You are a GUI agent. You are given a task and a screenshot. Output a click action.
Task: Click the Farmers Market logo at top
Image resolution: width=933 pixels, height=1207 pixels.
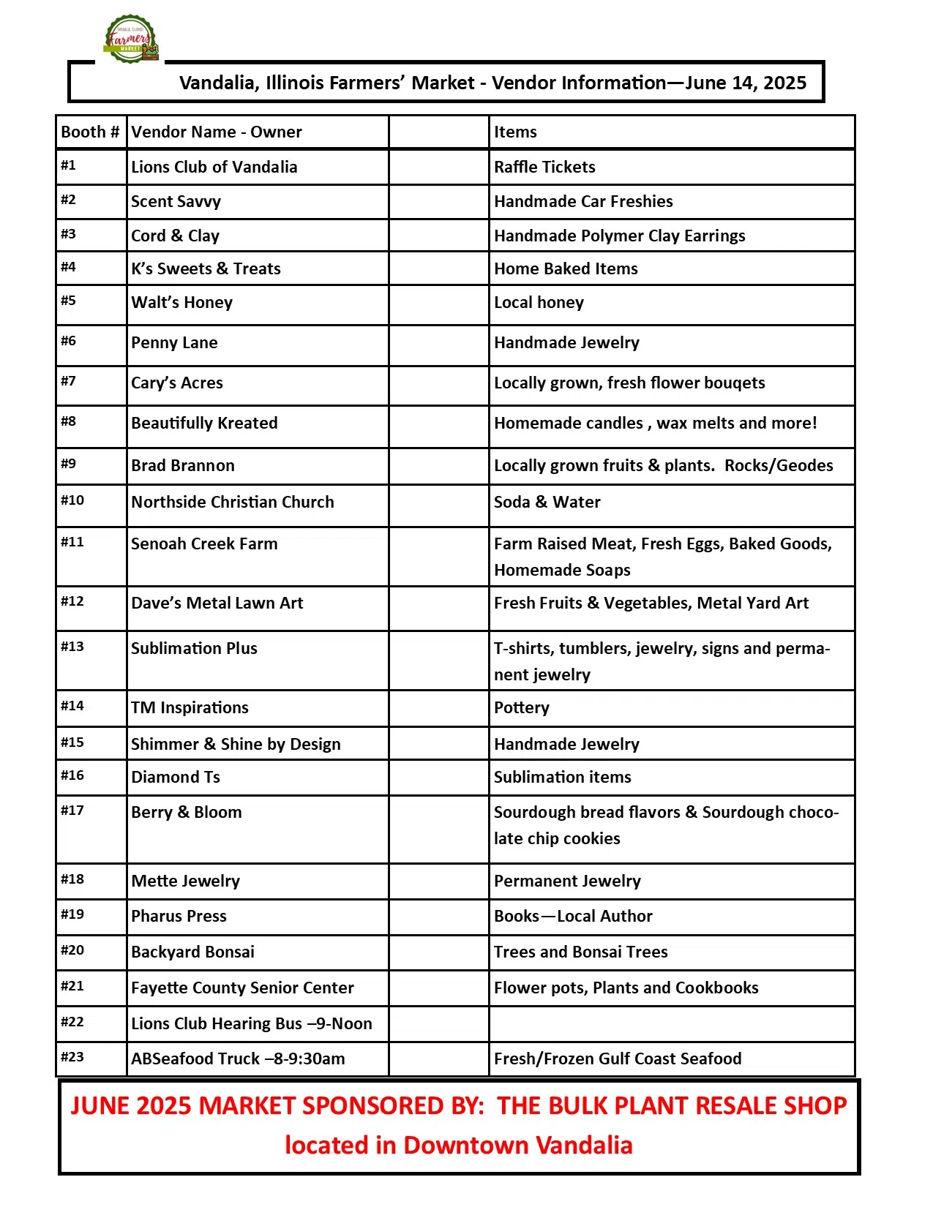(131, 39)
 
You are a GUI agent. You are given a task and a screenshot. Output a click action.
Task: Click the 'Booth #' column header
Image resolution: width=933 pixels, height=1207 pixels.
(90, 132)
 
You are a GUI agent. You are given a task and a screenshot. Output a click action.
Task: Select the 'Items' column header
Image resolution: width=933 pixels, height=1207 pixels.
(515, 132)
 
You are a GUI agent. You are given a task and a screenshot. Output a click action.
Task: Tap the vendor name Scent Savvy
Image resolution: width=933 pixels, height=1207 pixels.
(176, 202)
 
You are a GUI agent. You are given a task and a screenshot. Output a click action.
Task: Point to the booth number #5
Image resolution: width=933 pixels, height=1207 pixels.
(68, 301)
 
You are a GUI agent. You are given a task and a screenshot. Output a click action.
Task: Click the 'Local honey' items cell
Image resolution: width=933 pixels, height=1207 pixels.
(539, 303)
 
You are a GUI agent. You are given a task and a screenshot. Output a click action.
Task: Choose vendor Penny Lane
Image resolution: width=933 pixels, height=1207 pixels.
(174, 343)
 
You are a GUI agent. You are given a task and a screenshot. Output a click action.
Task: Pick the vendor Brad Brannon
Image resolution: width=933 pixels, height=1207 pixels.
(183, 466)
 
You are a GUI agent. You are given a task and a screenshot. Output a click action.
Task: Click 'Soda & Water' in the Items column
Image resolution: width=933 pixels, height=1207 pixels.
(547, 503)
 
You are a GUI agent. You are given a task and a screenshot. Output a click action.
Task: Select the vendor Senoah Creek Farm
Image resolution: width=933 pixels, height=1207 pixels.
(204, 544)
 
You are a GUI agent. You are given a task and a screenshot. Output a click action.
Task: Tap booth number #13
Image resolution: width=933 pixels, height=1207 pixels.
(72, 647)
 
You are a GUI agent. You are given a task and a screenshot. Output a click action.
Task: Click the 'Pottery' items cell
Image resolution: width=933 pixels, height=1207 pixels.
(521, 708)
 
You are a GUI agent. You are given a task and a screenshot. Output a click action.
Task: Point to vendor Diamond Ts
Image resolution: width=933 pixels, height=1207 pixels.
(176, 778)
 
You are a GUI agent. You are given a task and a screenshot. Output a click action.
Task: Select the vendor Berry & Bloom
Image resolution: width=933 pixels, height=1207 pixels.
(186, 813)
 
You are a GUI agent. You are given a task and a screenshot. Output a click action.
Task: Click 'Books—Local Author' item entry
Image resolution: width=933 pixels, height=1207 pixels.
(573, 917)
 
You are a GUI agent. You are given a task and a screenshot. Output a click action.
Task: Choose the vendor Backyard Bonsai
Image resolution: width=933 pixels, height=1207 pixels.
(192, 952)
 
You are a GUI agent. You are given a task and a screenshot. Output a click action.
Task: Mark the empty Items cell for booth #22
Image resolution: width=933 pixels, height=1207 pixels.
(671, 1024)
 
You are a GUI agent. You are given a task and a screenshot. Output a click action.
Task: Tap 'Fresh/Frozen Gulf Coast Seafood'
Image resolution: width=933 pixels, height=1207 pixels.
(618, 1059)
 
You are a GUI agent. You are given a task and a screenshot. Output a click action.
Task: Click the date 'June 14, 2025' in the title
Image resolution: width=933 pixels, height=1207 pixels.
(746, 83)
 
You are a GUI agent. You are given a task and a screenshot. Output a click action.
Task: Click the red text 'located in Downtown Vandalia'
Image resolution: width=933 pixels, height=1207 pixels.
(459, 1146)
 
